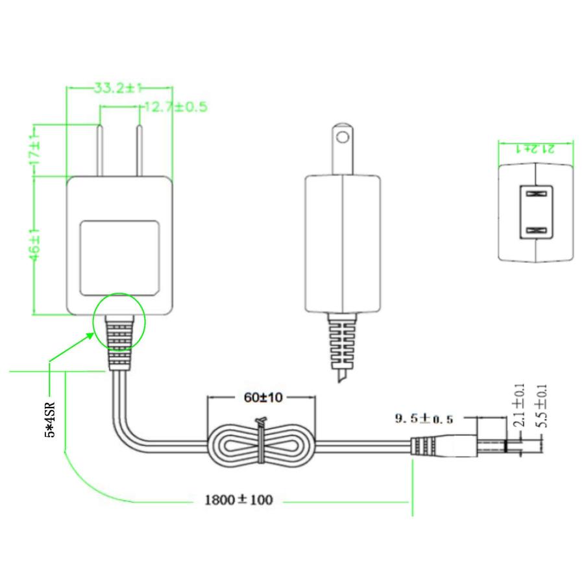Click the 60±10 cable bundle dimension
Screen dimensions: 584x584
pyautogui.click(x=263, y=398)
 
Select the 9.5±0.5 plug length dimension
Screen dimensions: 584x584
pyautogui.click(x=424, y=419)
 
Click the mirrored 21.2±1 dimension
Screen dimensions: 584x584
pyautogui.click(x=537, y=148)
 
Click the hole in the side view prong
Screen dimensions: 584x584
pyautogui.click(x=341, y=137)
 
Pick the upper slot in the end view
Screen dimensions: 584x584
pyautogui.click(x=536, y=193)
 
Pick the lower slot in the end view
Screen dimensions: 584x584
pyautogui.click(x=536, y=230)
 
